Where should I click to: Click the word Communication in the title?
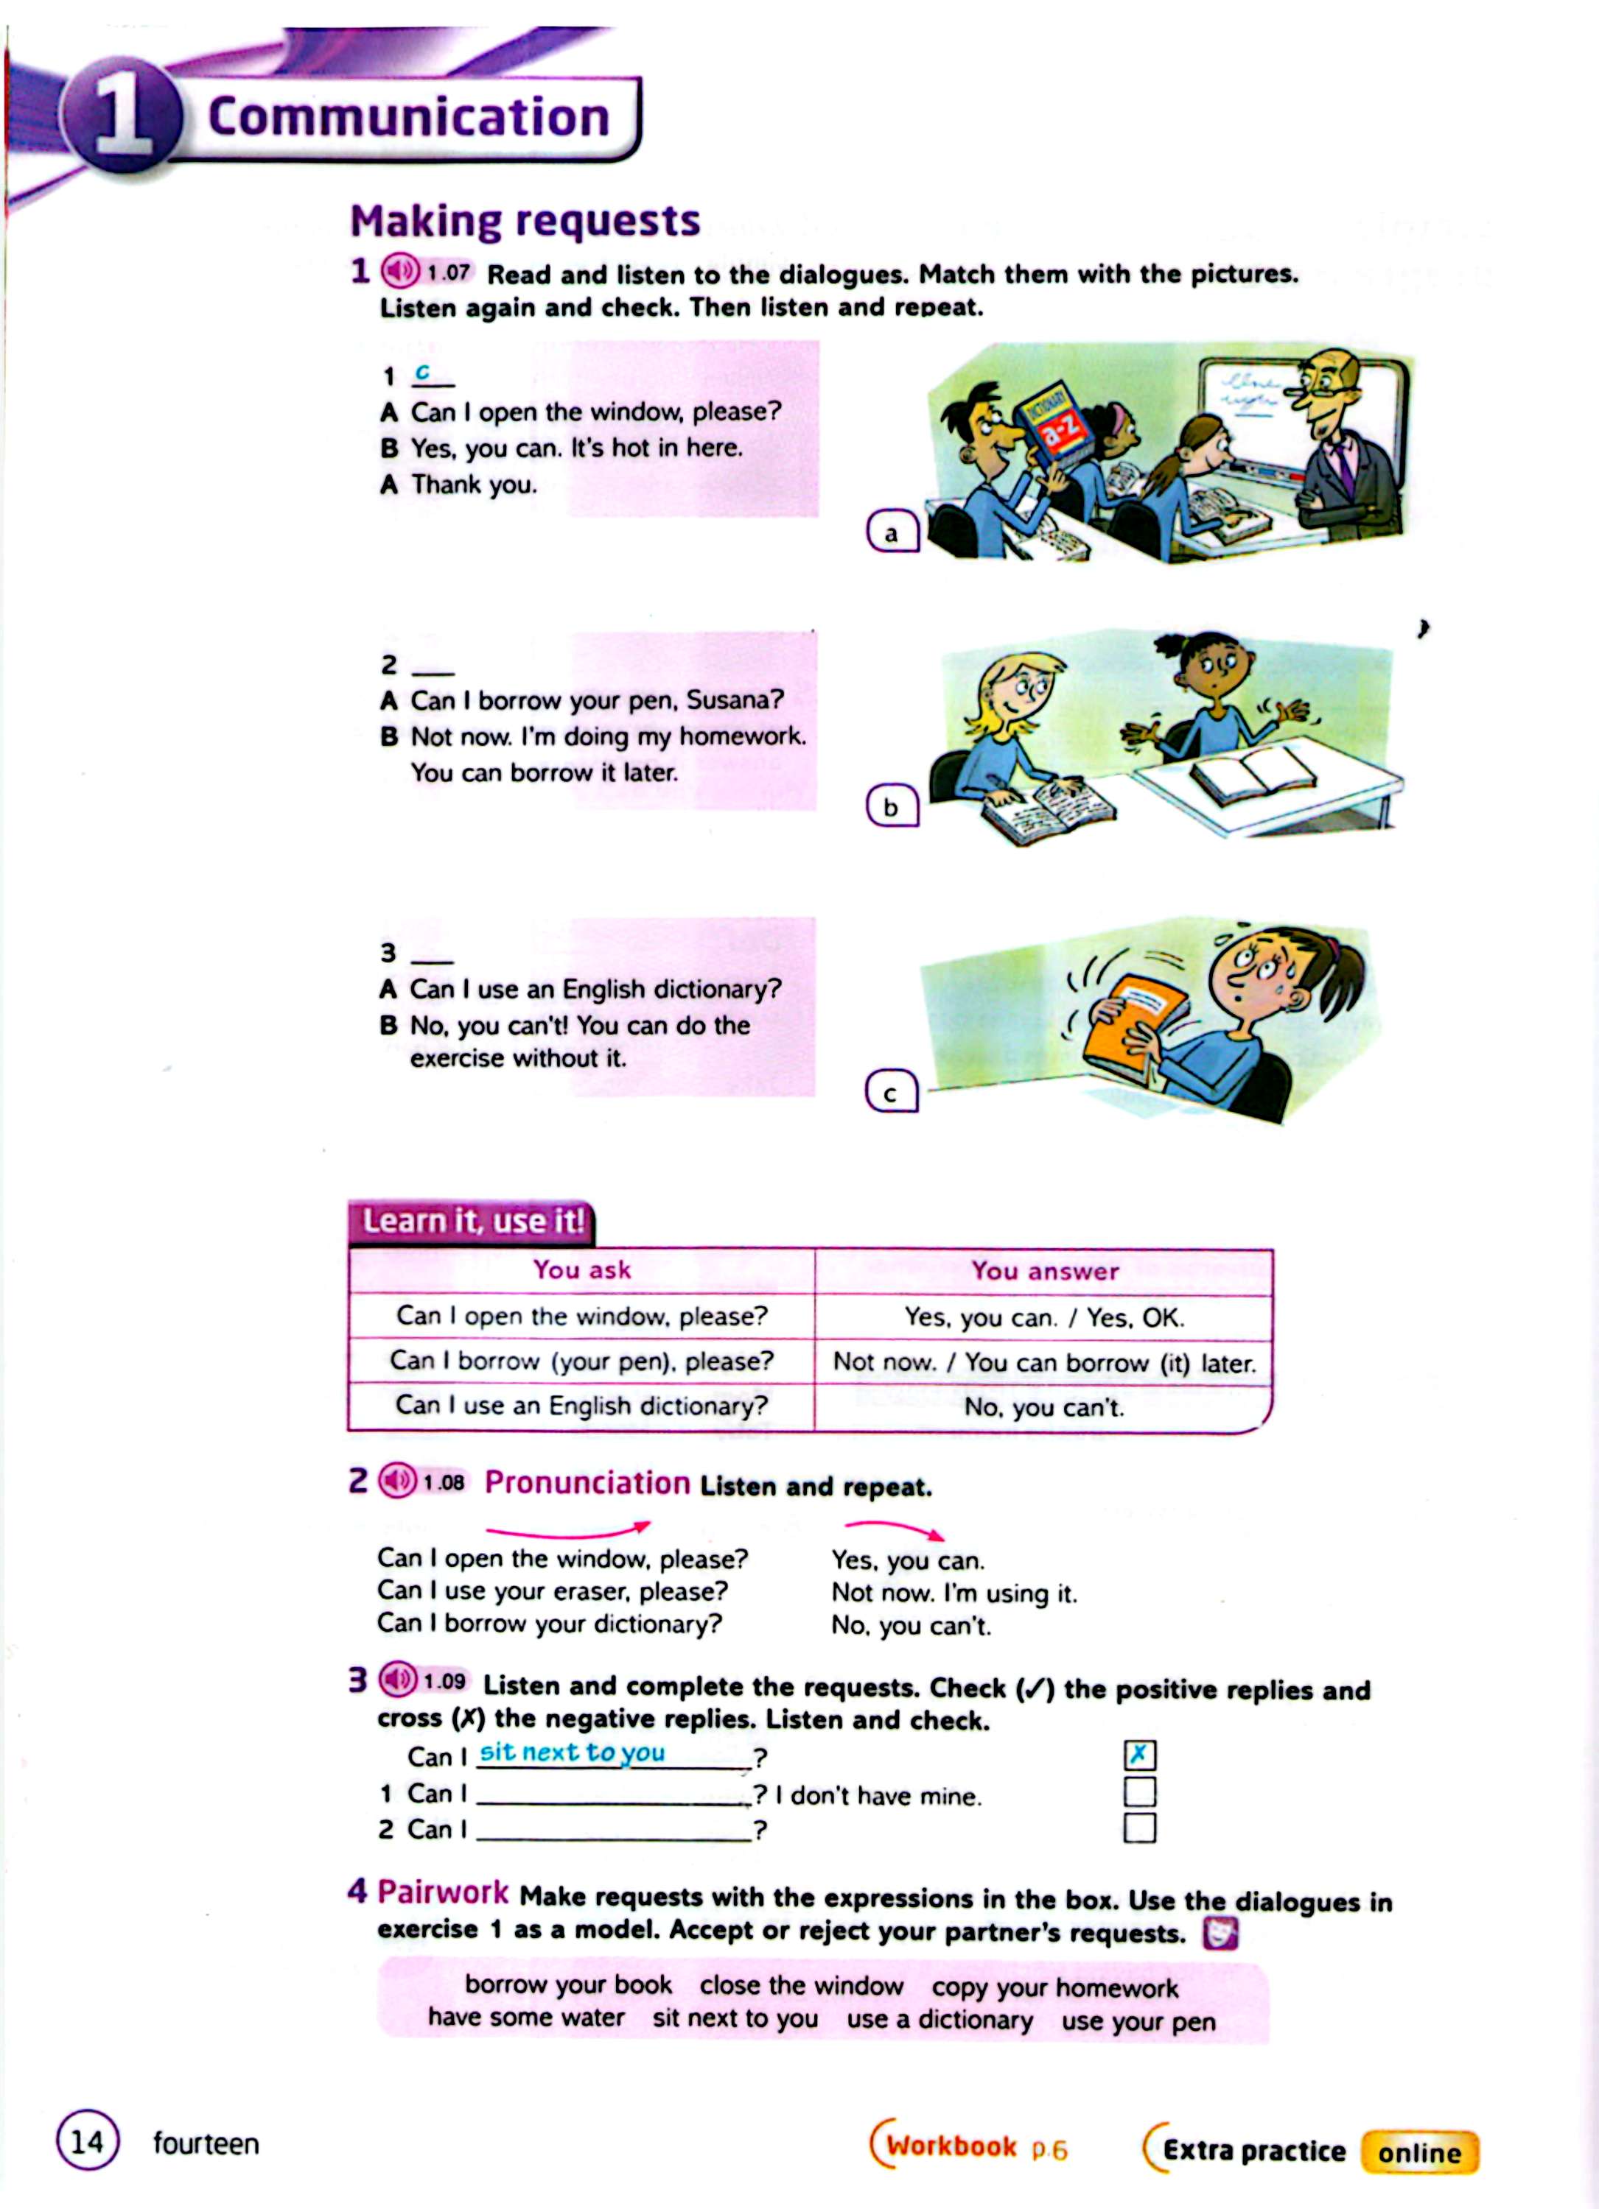(x=408, y=118)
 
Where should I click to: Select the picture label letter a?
(x=892, y=533)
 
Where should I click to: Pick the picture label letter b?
(x=891, y=808)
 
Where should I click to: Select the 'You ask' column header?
(x=581, y=1270)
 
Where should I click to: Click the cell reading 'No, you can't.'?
(x=1043, y=1407)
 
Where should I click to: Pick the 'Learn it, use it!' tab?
(x=472, y=1222)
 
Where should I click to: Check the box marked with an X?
(x=1139, y=1755)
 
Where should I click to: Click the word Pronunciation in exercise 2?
(x=587, y=1484)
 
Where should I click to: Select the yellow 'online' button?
(x=1418, y=2152)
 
